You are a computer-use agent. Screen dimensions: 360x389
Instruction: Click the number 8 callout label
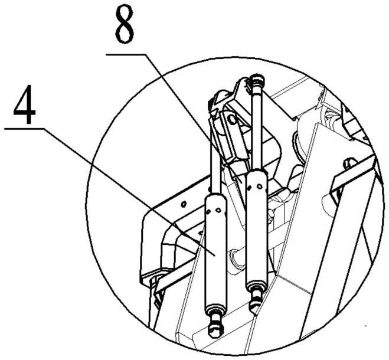(125, 29)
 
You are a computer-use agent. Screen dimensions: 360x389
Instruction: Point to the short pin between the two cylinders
(236, 256)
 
